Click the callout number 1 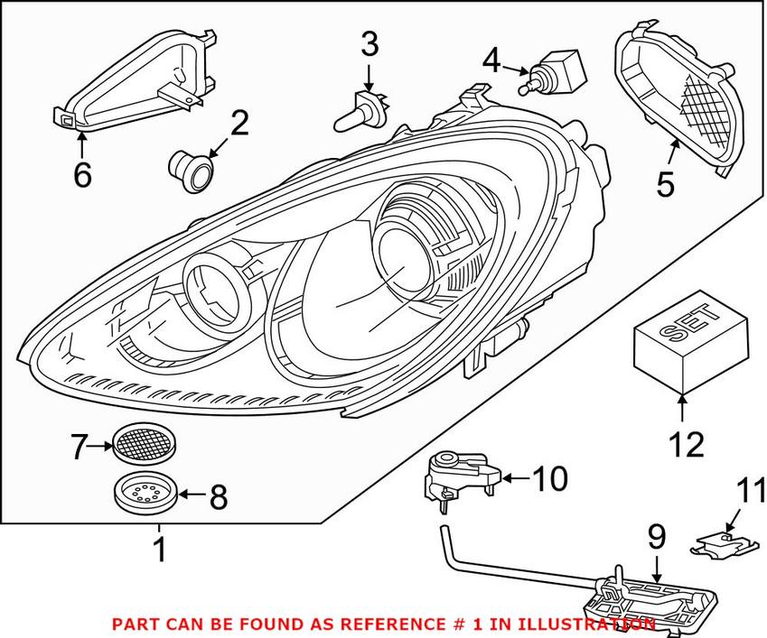coord(159,549)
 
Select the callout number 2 coord(239,124)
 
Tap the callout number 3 coord(370,43)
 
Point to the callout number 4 coord(491,61)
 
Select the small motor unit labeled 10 coord(459,476)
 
